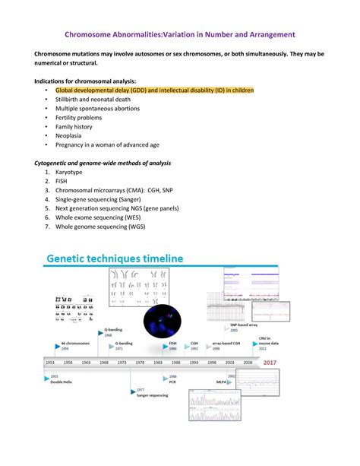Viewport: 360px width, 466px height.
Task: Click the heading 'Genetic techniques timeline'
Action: [x=115, y=258]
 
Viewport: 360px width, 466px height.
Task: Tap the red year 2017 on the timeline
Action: [x=269, y=363]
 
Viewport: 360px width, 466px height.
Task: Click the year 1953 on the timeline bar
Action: [x=50, y=363]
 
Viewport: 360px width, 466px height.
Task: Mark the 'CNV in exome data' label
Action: [x=267, y=342]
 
